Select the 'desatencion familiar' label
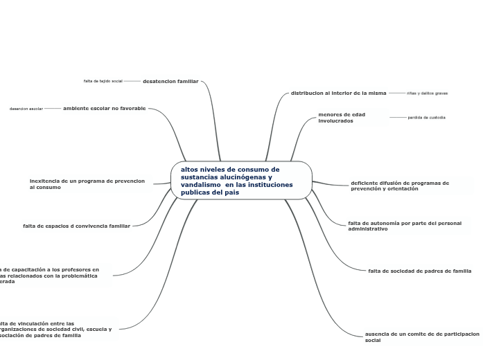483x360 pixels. tap(170, 81)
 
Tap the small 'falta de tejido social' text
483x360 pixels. tap(103, 81)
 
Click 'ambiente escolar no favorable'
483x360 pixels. tap(104, 108)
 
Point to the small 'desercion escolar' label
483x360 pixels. tap(26, 109)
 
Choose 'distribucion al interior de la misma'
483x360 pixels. tap(338, 92)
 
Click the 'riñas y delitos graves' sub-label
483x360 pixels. tap(427, 93)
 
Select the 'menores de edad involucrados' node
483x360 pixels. tap(342, 117)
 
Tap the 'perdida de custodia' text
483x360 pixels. tap(427, 117)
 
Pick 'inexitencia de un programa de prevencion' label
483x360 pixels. tap(87, 183)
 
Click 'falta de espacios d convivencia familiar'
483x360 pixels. tap(76, 225)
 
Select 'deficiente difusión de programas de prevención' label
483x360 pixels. tap(400, 186)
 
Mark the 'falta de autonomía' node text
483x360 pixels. tap(404, 226)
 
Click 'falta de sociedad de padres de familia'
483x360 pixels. tap(420, 270)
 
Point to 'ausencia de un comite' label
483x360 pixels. tap(421, 336)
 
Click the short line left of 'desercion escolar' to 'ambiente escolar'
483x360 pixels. tap(53, 108)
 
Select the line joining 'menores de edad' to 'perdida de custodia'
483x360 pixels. tap(398, 117)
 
